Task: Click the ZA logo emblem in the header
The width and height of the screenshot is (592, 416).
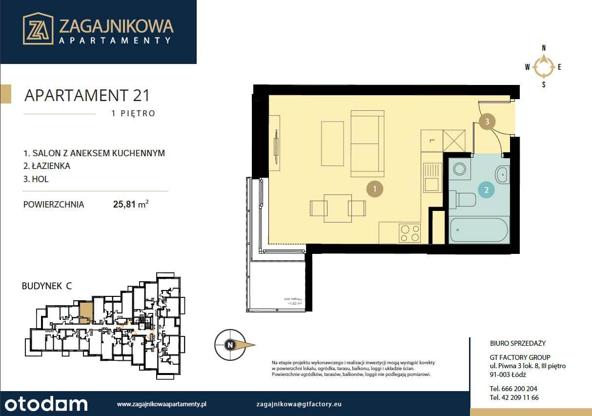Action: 38,29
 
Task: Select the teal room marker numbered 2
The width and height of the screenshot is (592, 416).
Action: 486,189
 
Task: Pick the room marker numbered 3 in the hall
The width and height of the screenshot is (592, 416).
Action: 487,121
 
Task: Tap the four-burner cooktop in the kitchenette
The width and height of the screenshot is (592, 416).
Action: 409,233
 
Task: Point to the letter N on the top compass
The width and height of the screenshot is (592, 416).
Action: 544,48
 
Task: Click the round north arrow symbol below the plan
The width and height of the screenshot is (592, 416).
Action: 229,345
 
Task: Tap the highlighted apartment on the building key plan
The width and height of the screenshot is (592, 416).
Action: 85,312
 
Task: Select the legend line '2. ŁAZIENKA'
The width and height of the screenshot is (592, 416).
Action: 47,166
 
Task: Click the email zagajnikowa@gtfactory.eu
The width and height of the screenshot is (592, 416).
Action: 299,404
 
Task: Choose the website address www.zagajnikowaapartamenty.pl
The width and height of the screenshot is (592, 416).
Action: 163,404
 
